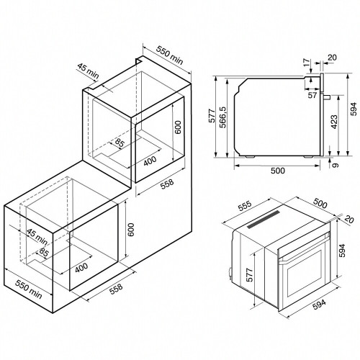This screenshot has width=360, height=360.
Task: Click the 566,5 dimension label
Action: pos(222,117)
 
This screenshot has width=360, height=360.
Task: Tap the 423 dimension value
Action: pos(334,122)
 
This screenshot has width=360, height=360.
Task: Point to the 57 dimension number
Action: pos(312,95)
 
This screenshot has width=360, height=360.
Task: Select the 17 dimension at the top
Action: pos(307,63)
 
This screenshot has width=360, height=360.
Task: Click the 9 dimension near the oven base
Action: pos(336,165)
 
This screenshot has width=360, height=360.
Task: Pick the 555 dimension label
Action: pos(244,206)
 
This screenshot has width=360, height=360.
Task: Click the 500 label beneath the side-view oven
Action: pos(278,171)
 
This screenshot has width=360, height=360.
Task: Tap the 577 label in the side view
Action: pos(212,116)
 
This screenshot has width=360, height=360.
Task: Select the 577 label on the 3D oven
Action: pos(250,275)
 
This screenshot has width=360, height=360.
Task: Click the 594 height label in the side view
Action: pos(354,109)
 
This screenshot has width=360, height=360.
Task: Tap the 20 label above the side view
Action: pos(332,58)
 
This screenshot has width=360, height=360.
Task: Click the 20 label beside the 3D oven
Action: pos(348,220)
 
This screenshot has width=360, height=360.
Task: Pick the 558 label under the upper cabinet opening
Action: pos(167,184)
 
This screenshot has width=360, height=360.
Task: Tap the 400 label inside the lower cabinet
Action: pos(81,268)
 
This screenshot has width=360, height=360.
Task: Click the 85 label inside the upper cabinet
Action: pos(120,143)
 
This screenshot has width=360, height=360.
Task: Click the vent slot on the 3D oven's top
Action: pos(264,220)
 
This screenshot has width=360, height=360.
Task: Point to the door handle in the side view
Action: pos(327,97)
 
